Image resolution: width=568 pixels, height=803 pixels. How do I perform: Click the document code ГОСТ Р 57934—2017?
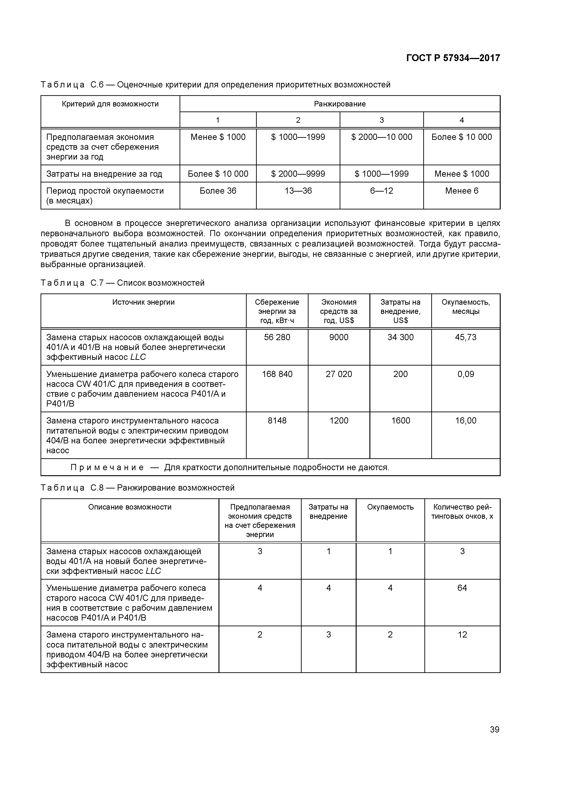point(453,58)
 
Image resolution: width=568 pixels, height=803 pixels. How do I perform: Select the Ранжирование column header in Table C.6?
point(339,104)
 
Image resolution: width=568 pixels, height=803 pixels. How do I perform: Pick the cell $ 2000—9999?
point(298,174)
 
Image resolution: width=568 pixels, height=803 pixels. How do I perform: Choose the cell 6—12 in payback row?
point(382,191)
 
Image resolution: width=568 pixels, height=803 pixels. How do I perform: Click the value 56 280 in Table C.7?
point(277,337)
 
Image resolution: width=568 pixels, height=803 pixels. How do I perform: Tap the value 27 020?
point(339,374)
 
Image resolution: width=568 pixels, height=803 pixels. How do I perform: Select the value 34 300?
point(400,337)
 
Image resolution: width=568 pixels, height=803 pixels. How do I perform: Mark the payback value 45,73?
point(465,337)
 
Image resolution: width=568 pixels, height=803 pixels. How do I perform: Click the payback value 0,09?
point(465,374)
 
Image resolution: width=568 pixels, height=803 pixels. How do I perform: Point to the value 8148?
point(277,421)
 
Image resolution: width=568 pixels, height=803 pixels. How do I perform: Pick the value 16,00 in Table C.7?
point(465,421)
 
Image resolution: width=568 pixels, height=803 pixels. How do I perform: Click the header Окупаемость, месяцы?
point(465,307)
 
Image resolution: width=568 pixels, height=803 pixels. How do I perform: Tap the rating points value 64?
point(462,588)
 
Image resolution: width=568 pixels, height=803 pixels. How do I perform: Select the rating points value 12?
point(462,635)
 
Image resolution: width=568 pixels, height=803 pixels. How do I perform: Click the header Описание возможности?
point(130,507)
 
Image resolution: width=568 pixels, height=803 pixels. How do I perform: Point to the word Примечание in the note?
point(107,468)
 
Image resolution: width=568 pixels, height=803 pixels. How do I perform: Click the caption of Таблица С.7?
point(123,283)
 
